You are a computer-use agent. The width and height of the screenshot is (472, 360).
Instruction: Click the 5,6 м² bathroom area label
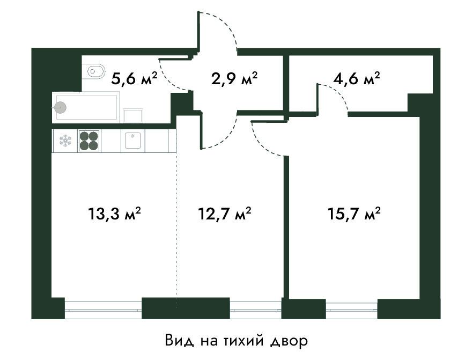pos(134,79)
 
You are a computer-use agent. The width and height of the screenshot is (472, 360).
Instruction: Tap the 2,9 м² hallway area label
pos(234,79)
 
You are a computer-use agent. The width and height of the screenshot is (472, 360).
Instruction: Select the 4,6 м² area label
pos(356,79)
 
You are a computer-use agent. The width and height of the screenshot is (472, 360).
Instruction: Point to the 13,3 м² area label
pos(114,214)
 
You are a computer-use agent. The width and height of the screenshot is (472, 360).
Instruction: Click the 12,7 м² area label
pos(225,214)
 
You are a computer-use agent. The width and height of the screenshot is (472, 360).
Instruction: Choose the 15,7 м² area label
pos(355,214)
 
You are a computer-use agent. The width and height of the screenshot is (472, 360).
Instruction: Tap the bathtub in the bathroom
pos(85,107)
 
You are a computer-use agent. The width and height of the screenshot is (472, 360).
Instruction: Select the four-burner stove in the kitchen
pos(89,141)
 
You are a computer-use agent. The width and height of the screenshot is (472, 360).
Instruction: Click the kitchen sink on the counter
pos(133,141)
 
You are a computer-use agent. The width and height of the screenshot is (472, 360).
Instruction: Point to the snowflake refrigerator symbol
pos(65,141)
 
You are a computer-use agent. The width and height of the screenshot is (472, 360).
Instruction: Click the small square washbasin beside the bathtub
pos(133,115)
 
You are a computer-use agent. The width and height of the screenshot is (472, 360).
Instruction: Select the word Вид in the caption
pos(178,341)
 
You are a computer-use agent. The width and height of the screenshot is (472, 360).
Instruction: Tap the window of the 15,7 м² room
pos(352,309)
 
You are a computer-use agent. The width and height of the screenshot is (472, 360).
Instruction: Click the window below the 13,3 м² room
pos(103,309)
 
